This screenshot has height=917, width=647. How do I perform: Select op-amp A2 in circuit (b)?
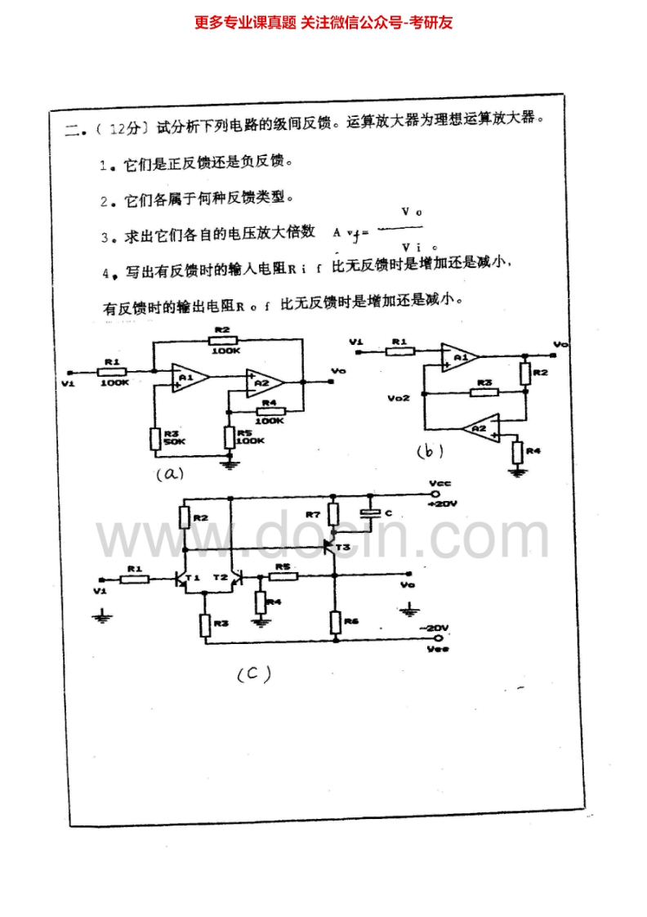click(480, 427)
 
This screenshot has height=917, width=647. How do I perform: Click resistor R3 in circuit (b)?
click(484, 392)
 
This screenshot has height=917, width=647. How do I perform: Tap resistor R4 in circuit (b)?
click(516, 450)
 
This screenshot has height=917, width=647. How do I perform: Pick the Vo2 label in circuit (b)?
click(400, 399)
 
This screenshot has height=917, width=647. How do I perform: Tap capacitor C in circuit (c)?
click(372, 513)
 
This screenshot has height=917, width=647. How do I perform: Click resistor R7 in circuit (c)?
click(332, 514)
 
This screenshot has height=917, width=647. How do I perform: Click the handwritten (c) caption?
click(253, 674)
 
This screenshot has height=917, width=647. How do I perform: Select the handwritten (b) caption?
click(430, 450)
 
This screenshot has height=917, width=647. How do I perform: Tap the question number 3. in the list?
click(105, 238)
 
